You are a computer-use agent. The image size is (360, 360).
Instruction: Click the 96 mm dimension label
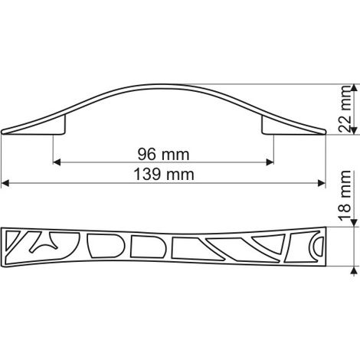pos(163,154)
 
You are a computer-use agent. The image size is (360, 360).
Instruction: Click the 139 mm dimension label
pos(164,175)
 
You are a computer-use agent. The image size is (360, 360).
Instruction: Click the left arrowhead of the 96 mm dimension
pos(57,162)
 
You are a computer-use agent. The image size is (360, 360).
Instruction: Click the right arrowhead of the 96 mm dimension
pos(270,162)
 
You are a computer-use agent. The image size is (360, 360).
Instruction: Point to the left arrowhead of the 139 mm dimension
pos(5,183)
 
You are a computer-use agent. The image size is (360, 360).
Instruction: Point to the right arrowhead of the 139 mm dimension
pos(322,183)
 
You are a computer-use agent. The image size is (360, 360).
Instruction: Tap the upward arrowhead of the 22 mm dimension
pos(354,87)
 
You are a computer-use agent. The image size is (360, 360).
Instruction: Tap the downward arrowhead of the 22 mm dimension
pos(354,131)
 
